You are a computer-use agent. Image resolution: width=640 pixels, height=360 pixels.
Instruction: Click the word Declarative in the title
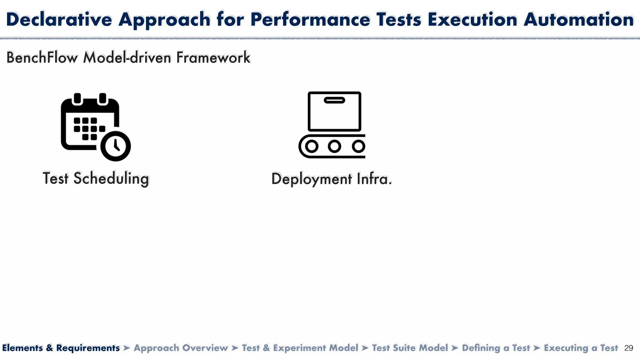(x=59, y=19)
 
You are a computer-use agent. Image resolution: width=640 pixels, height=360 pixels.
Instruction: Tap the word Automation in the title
(x=578, y=19)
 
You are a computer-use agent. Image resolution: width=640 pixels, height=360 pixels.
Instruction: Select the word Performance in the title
(x=310, y=19)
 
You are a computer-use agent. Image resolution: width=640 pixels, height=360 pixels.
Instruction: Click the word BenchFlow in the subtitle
(x=42, y=58)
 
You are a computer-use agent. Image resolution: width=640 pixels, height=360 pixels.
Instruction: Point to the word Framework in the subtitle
(x=213, y=58)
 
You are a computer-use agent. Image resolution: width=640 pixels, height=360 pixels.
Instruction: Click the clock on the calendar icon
(x=116, y=146)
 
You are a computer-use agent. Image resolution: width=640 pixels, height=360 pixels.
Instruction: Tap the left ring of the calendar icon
(x=77, y=98)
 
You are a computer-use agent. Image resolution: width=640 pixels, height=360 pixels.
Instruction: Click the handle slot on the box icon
(x=334, y=100)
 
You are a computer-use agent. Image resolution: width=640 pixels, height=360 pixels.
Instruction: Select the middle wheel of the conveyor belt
(x=334, y=146)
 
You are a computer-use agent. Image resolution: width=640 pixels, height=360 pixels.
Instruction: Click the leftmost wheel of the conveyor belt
(x=312, y=146)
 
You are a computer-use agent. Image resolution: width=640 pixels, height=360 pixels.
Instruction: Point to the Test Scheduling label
(x=96, y=178)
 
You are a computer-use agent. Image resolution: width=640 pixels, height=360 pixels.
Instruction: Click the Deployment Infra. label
(x=331, y=179)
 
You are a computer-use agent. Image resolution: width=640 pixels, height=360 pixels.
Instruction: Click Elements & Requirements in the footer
(x=61, y=348)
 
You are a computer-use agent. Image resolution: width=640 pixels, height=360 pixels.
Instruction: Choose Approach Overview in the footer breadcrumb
(x=181, y=348)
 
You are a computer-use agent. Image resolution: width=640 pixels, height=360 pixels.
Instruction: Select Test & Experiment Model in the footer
(x=300, y=348)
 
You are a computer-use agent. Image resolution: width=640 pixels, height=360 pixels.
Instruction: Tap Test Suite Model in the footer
(x=410, y=348)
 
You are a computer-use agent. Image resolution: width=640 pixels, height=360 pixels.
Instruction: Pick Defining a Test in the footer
(x=496, y=348)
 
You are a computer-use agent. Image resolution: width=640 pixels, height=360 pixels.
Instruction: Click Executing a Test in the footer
(x=581, y=348)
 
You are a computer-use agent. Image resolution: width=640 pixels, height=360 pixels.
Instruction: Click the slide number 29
(x=628, y=348)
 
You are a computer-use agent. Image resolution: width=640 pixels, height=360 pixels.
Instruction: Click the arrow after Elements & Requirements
(x=127, y=348)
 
